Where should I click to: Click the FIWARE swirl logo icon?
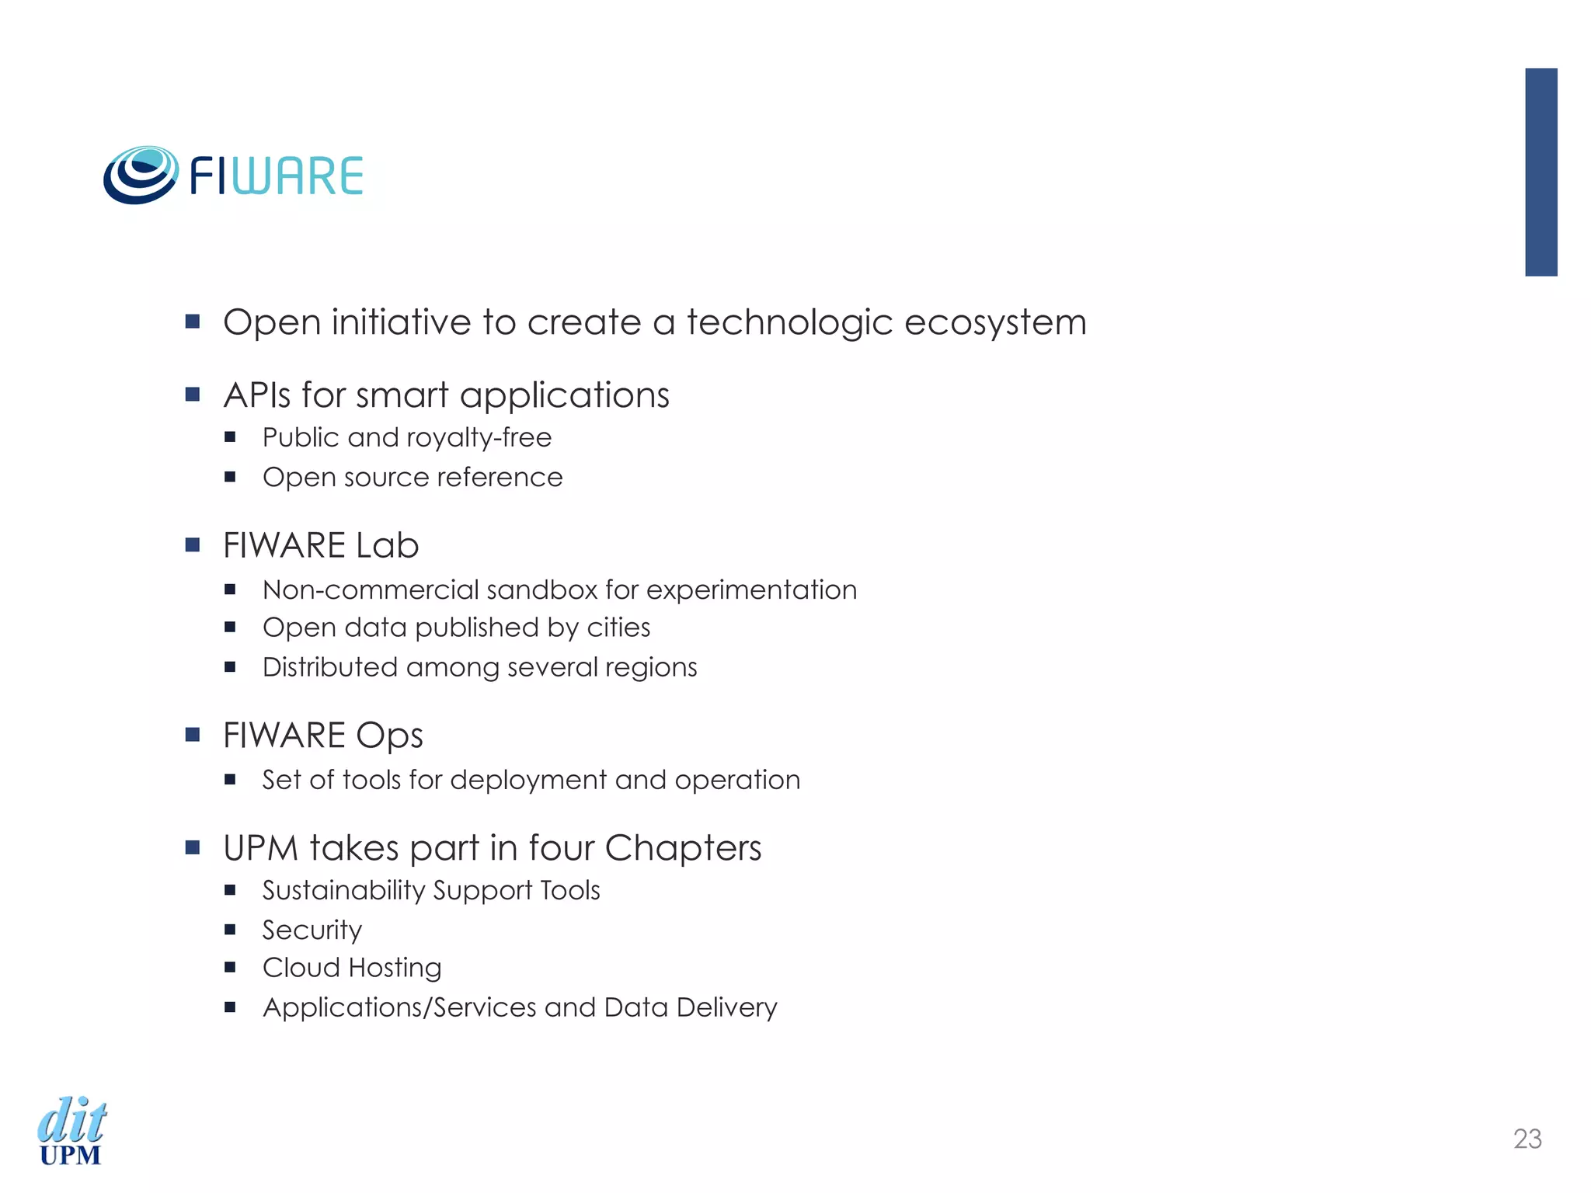click(x=141, y=176)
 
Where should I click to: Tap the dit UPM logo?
click(x=71, y=1131)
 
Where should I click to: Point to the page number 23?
click(x=1527, y=1139)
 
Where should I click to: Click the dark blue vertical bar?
click(x=1541, y=172)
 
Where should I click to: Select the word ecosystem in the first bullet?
click(x=995, y=322)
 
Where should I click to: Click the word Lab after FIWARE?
click(x=387, y=545)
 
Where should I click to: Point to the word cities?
click(x=618, y=628)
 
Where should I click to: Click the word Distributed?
click(x=329, y=667)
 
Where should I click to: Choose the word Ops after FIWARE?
click(x=390, y=736)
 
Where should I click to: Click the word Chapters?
click(x=683, y=847)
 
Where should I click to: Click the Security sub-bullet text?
click(x=312, y=930)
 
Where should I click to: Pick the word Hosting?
click(x=395, y=968)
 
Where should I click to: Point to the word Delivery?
click(x=726, y=1007)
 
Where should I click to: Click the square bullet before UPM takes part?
click(x=193, y=847)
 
